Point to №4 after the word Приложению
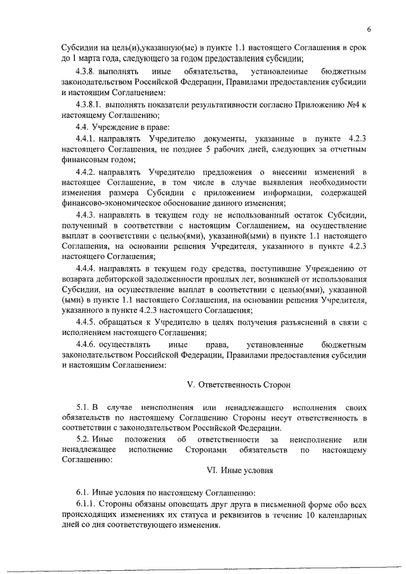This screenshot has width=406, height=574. pos(353,103)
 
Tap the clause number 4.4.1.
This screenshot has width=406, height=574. pos(85,138)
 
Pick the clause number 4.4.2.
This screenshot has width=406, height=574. pos(85,172)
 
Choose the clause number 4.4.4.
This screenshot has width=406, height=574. pos(85,268)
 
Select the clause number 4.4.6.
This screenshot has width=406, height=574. pos(85,344)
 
